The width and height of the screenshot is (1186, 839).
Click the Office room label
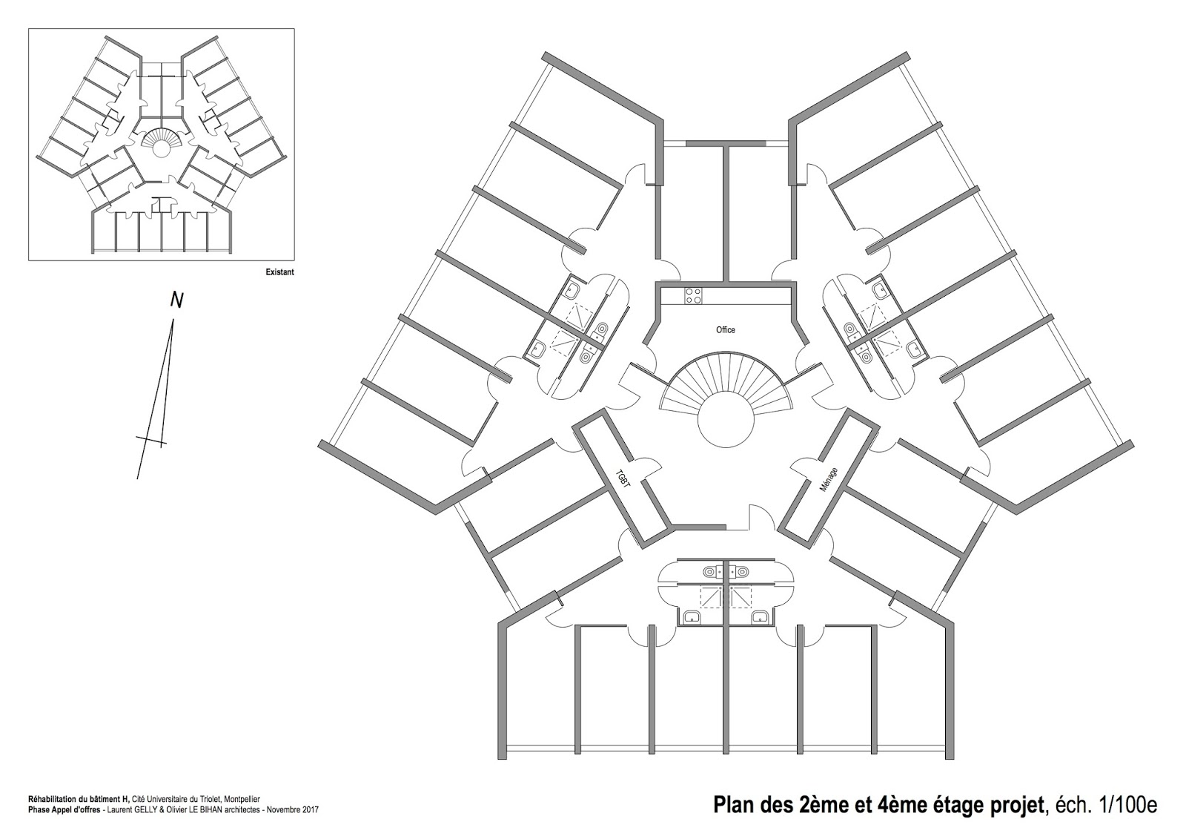(x=725, y=329)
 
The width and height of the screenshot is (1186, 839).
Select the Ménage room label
(x=829, y=480)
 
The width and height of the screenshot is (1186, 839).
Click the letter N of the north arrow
(x=176, y=300)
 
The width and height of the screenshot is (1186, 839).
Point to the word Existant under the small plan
(x=280, y=272)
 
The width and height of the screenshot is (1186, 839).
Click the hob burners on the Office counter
(x=693, y=295)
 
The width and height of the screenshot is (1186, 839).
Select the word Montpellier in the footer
(x=239, y=800)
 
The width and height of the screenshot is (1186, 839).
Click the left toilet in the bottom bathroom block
(x=710, y=572)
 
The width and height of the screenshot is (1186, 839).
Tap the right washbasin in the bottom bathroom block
(x=759, y=616)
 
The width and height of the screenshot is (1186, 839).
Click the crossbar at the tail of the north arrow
(x=151, y=441)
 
